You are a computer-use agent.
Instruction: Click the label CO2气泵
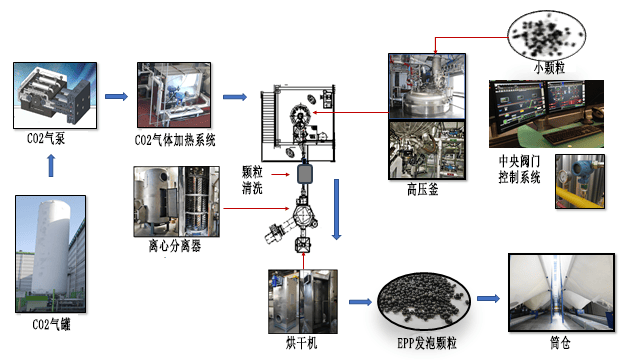46,139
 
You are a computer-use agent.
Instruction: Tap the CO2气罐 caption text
51,324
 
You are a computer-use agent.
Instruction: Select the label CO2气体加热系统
175,140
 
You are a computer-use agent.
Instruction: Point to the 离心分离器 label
175,246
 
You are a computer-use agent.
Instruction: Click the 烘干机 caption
301,343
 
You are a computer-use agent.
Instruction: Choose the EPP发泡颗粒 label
427,343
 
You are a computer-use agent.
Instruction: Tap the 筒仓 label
560,342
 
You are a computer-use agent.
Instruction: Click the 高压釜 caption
422,189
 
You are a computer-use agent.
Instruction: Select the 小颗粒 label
549,67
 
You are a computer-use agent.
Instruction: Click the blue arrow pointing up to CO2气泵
51,165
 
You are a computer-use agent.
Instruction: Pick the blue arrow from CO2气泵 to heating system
116,96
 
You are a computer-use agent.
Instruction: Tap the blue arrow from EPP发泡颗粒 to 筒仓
488,298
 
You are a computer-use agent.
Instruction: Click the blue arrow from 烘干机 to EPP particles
360,302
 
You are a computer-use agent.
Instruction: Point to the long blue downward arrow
336,209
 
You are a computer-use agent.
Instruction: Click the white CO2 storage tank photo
51,254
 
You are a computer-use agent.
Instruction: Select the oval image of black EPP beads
423,301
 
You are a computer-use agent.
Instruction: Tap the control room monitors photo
546,113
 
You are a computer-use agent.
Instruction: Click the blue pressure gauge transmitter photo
580,181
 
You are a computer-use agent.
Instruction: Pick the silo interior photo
561,292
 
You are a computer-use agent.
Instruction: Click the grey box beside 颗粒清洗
304,174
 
